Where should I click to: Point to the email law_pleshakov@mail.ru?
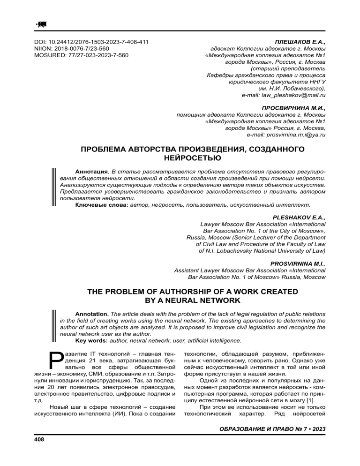(x=283, y=95)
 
